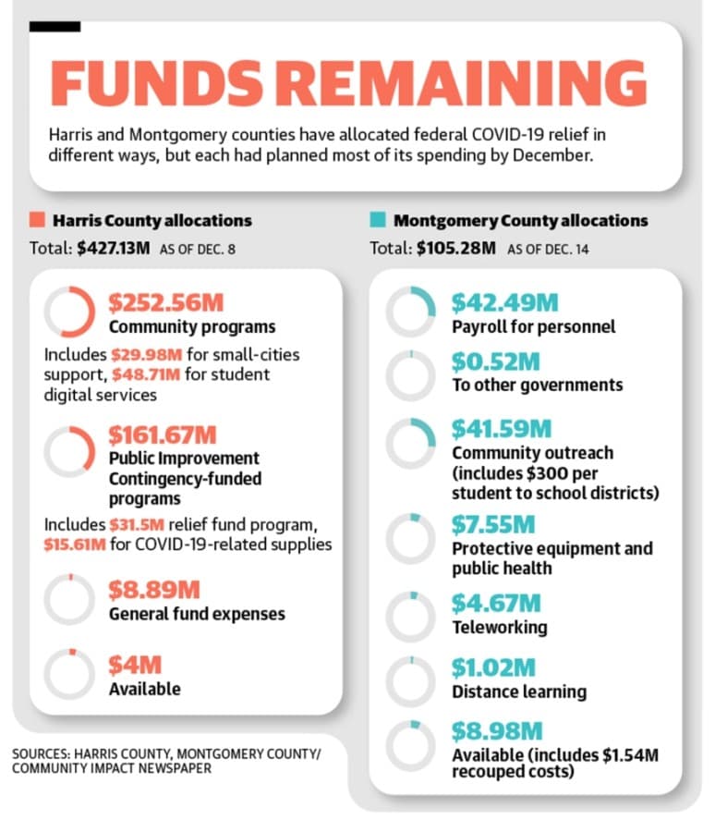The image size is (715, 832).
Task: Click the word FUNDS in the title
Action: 156,84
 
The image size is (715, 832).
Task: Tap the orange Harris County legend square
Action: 37,220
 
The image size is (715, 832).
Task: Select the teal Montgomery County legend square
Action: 378,220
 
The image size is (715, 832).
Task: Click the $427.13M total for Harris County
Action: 114,248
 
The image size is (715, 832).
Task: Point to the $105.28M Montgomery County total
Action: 456,248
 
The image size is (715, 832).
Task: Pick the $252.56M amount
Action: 166,302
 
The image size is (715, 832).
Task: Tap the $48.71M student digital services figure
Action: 146,374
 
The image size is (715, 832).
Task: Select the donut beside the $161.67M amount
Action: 91,452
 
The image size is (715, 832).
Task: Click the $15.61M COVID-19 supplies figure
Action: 75,544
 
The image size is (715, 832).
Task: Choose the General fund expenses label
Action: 197,614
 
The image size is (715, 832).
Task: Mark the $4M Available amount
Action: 135,665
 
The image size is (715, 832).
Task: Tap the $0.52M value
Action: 495,361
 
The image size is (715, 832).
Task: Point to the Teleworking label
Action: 500,627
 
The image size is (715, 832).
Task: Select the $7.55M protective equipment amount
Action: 493,524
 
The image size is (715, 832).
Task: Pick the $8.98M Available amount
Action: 497,731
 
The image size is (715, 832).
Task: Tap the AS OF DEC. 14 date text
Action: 548,249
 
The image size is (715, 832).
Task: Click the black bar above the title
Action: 55,27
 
